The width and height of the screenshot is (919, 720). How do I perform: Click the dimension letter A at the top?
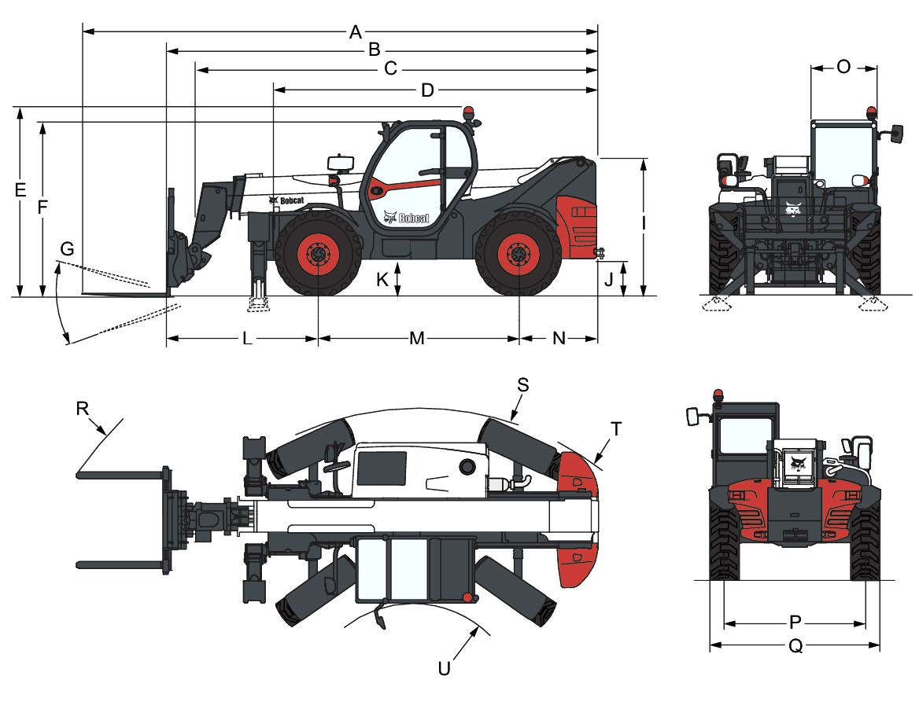click(356, 32)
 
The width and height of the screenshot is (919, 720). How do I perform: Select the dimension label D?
click(427, 90)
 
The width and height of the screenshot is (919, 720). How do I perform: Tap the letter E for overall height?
click(20, 189)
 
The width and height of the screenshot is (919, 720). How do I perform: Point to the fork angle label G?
click(67, 249)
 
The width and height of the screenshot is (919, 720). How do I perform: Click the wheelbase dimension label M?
click(417, 338)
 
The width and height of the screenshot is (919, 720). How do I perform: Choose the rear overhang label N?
click(559, 338)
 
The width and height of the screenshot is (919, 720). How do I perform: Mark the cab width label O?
click(843, 68)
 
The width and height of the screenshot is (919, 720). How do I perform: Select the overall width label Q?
click(795, 646)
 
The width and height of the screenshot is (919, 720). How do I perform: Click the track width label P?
click(795, 623)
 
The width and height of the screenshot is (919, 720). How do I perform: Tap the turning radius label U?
click(445, 669)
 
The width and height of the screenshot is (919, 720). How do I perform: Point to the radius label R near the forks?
click(83, 408)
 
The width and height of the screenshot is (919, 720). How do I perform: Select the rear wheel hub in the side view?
click(519, 255)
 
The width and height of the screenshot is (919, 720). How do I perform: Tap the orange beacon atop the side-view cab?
click(470, 113)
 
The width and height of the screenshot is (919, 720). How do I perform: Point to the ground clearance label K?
click(381, 279)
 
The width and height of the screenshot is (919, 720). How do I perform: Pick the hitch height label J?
click(608, 279)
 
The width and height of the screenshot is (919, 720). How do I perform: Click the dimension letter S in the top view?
click(522, 384)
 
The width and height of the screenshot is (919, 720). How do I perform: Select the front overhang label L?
click(246, 338)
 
